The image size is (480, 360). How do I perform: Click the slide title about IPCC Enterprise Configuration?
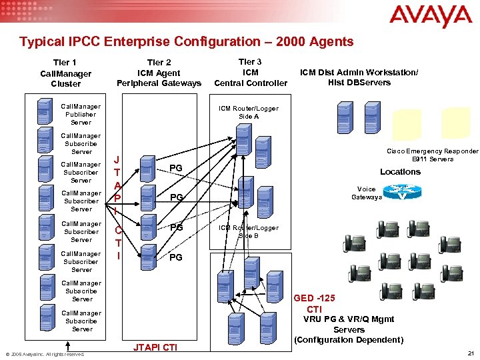[187, 42]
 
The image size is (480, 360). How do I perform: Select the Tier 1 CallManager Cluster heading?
[65, 73]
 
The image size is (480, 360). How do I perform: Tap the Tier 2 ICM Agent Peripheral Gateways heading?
[159, 73]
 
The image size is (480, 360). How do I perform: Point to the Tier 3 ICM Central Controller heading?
[251, 72]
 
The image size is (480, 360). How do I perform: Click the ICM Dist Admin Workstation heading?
[359, 77]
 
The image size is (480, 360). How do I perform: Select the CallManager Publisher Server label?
[81, 114]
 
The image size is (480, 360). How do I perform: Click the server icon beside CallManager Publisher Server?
[45, 113]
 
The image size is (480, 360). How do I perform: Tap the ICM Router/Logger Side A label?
[249, 112]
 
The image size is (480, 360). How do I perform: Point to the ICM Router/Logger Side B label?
[249, 231]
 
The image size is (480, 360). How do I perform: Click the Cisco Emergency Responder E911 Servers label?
[433, 155]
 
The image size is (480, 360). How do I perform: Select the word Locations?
[400, 172]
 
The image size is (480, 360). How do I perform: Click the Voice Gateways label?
[367, 193]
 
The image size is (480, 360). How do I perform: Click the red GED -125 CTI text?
[314, 303]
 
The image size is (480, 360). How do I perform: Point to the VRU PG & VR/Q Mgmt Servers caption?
[349, 329]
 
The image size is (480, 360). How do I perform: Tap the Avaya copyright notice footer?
[45, 354]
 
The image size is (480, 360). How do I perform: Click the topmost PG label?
[176, 167]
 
